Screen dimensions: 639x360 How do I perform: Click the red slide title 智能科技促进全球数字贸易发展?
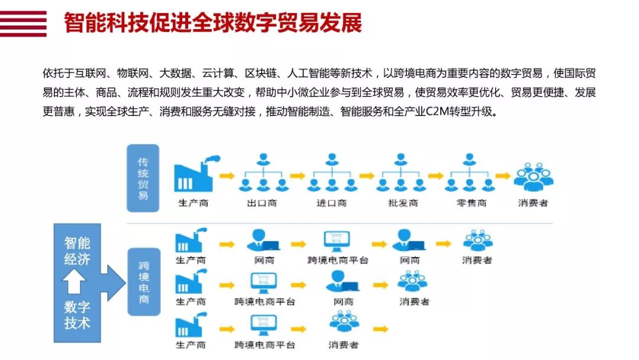click(213, 22)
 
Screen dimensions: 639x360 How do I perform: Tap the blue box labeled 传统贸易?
click(143, 178)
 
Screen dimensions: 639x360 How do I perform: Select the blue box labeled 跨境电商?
click(144, 282)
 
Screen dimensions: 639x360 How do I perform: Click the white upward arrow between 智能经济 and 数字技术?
click(74, 282)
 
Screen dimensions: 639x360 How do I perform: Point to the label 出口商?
click(262, 203)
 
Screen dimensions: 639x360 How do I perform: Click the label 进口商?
click(331, 203)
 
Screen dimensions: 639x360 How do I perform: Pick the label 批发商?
click(403, 203)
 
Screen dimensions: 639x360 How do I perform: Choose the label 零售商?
click(472, 203)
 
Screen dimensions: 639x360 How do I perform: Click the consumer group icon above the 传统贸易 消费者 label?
click(534, 177)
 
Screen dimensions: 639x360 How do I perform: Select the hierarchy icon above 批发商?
click(401, 172)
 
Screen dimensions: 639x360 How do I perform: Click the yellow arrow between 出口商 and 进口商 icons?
click(298, 176)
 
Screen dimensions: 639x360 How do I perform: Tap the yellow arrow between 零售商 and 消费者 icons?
click(503, 176)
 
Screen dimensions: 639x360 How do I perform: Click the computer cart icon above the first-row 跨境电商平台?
click(337, 242)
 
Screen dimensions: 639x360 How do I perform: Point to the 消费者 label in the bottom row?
click(344, 345)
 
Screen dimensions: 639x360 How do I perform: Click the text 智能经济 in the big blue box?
click(77, 251)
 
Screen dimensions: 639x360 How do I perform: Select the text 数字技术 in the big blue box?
click(77, 315)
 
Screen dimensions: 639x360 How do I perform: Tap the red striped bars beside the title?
click(23, 24)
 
